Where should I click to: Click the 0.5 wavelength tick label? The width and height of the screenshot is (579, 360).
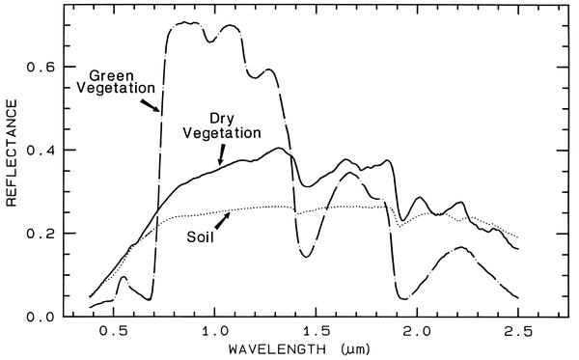click(113, 331)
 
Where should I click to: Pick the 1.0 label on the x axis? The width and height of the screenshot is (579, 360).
click(214, 331)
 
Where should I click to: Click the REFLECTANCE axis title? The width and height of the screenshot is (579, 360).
click(12, 152)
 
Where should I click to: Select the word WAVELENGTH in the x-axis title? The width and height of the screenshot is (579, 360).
click(277, 348)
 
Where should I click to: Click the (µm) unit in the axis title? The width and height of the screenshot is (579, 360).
click(355, 349)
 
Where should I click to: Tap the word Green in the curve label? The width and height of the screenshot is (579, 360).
click(111, 75)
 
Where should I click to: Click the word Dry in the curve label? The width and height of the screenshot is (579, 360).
click(222, 119)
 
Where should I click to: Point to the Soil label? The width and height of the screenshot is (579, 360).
click(200, 236)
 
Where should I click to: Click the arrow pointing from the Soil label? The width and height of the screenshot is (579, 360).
click(222, 220)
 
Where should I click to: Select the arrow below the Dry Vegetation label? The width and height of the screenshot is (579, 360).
click(221, 154)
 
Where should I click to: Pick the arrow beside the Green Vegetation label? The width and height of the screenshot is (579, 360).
click(150, 105)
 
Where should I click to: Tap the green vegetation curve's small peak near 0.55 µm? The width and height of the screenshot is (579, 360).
click(124, 277)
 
